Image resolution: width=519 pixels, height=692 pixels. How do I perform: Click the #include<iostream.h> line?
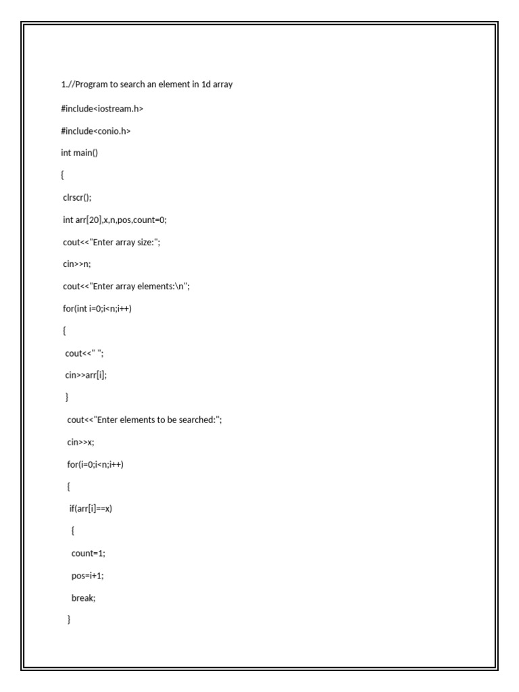102,108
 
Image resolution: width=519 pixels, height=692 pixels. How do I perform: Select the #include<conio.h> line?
95,130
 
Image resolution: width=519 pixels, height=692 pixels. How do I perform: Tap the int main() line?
79,153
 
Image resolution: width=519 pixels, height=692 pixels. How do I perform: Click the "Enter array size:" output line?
112,242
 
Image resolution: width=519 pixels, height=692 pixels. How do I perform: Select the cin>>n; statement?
76,264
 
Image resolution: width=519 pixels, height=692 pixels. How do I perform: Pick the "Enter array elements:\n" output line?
126,287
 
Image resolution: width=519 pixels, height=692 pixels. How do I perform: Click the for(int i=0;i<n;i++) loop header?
97,309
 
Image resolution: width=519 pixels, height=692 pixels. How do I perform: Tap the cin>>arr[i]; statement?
86,375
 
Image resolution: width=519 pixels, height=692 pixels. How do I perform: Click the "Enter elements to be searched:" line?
144,420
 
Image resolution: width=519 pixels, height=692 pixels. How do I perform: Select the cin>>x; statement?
80,442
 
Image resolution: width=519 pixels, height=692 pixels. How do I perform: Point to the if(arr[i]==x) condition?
91,509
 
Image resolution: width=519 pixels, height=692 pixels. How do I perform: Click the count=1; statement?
89,553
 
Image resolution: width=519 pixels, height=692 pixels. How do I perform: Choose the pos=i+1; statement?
87,575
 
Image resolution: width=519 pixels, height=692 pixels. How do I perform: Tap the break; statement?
84,598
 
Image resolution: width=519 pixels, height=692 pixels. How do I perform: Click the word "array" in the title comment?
223,84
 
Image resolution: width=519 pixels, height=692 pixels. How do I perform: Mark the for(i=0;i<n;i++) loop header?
95,464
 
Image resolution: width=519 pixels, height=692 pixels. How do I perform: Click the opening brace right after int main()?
62,175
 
